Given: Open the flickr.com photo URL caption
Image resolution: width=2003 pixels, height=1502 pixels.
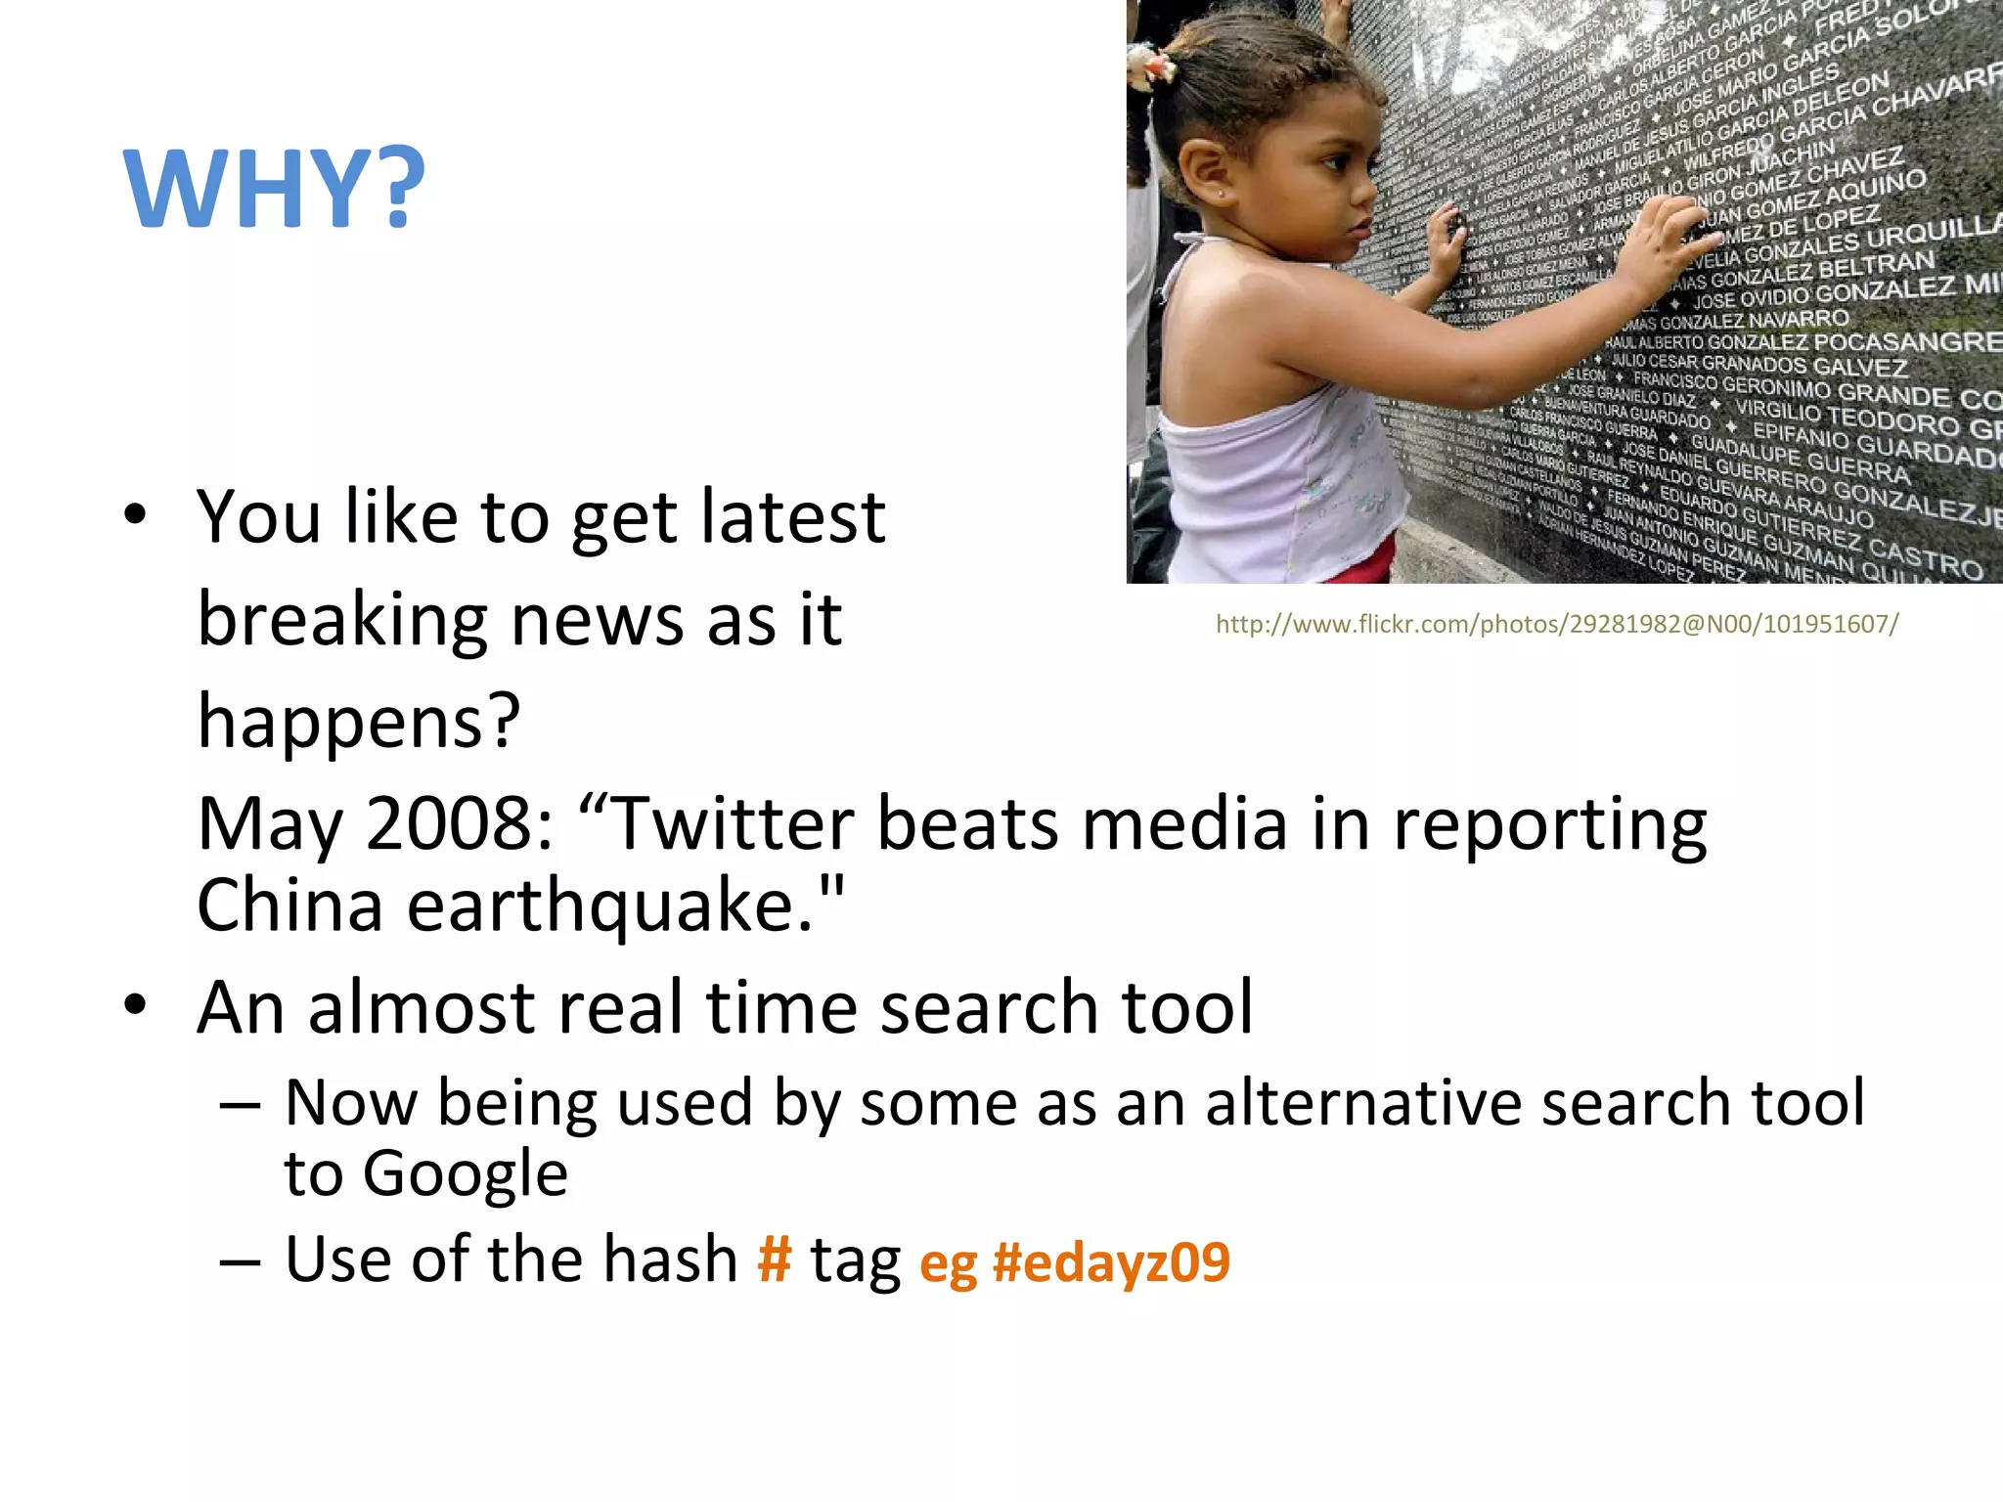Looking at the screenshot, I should pyautogui.click(x=1557, y=624).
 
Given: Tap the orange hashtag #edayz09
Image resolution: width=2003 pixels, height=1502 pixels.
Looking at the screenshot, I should pyautogui.click(x=1111, y=1261).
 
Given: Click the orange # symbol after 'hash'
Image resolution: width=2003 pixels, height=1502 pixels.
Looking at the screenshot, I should pyautogui.click(x=774, y=1259).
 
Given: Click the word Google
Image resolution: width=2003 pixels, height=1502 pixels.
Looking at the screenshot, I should pyautogui.click(x=465, y=1173).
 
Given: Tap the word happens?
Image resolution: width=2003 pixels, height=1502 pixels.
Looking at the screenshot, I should pyautogui.click(x=359, y=722).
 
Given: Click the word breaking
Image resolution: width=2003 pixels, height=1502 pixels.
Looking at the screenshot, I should pyautogui.click(x=342, y=620).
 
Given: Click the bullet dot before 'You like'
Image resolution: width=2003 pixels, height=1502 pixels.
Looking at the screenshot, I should pyautogui.click(x=135, y=514).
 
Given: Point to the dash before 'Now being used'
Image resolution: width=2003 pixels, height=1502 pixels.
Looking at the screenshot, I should pyautogui.click(x=240, y=1105).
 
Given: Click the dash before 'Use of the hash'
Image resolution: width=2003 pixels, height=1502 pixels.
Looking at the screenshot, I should pyautogui.click(x=240, y=1261).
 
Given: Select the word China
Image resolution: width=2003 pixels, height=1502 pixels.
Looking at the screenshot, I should pyautogui.click(x=289, y=906).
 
